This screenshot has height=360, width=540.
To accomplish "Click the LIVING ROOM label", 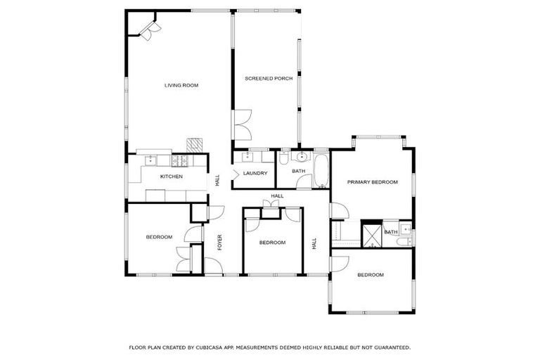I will click(181, 86).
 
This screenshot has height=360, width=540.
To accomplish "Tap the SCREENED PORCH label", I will click(268, 79).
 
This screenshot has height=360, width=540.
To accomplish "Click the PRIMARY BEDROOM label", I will click(372, 182).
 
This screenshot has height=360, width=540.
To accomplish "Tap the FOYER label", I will click(219, 243).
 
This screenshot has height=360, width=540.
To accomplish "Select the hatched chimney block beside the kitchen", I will click(195, 144).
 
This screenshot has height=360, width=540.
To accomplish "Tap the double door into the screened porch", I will click(242, 127).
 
